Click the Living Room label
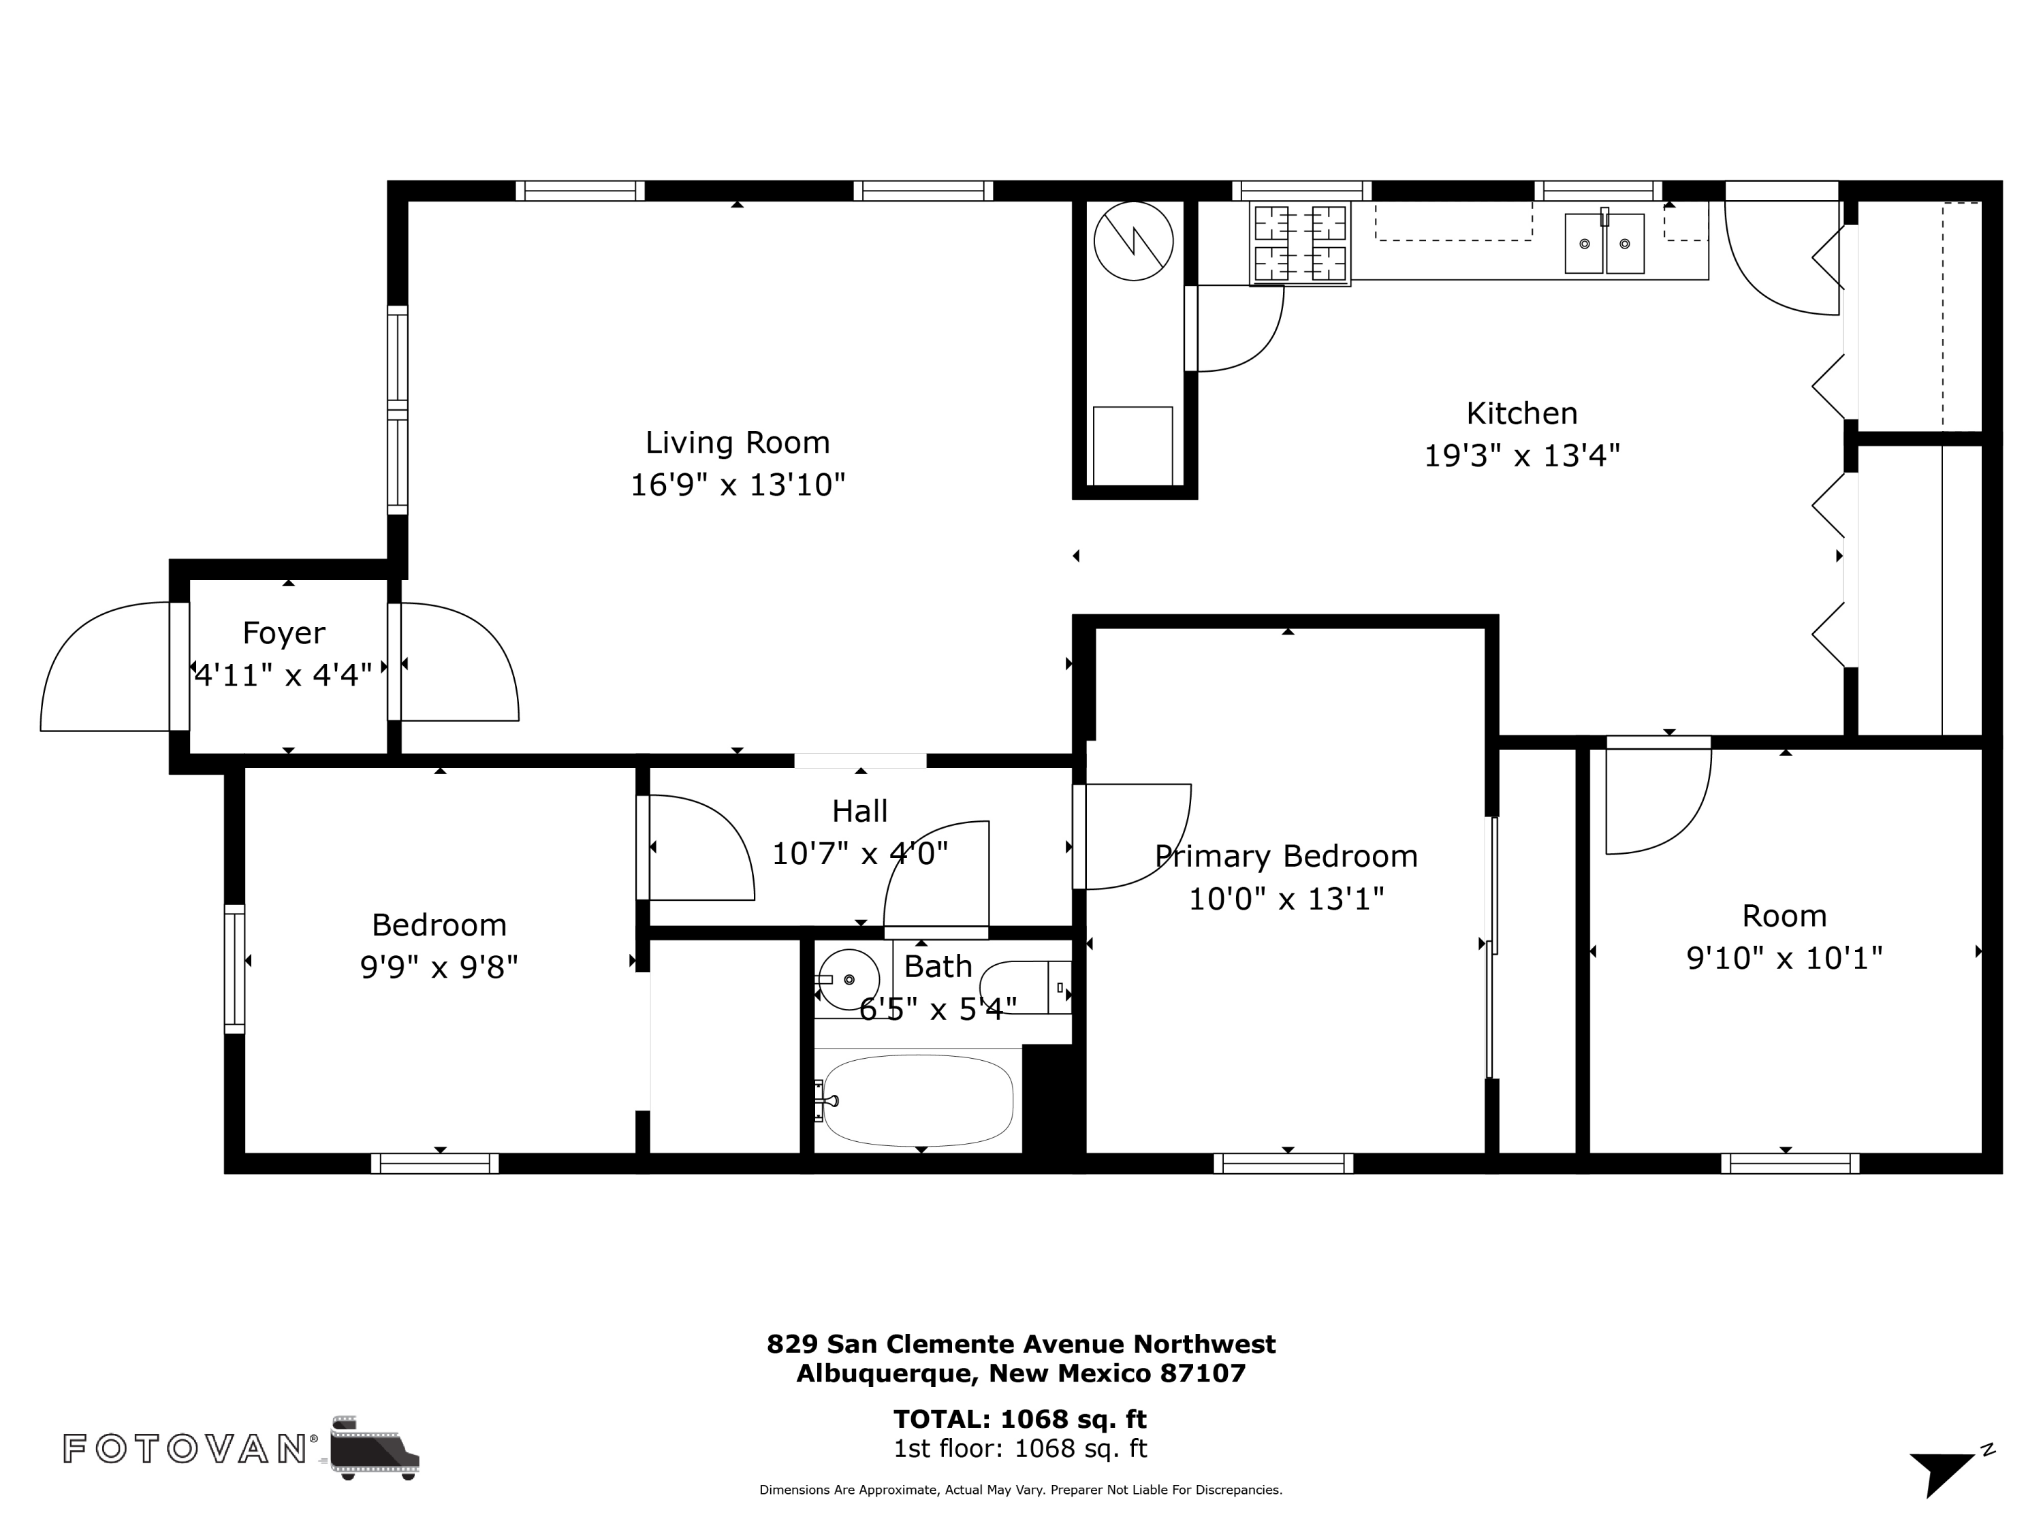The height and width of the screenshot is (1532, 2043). pos(737,443)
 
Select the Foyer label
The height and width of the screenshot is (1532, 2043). pos(283,633)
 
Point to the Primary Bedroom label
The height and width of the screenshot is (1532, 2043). pos(1286,856)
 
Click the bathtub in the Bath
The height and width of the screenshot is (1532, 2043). pos(917,1100)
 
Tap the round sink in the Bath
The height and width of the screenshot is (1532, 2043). pos(848,979)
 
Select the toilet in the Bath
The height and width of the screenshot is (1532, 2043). pos(1025,987)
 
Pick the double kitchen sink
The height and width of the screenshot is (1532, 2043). pos(1604,242)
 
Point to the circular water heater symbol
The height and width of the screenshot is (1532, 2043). pos(1133,241)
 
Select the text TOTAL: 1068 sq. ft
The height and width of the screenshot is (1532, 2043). pos(1019,1418)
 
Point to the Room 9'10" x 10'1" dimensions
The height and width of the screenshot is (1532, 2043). pos(1784,957)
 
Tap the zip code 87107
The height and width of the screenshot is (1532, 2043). pos(1203,1373)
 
